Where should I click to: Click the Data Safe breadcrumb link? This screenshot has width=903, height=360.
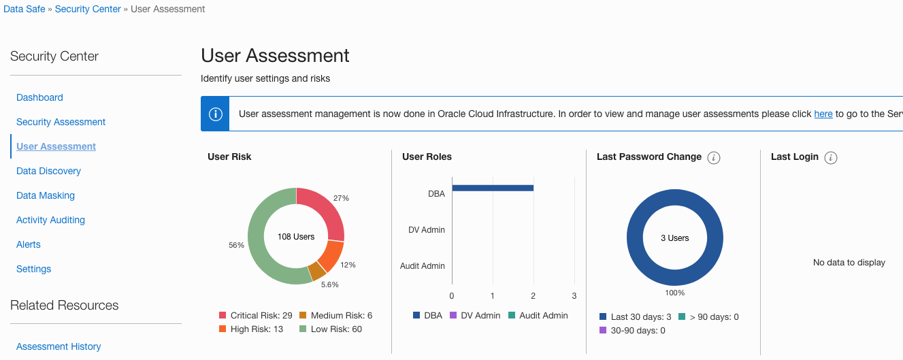click(24, 9)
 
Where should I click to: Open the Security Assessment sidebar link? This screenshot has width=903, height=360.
click(61, 122)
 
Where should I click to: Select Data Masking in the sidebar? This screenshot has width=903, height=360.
click(45, 195)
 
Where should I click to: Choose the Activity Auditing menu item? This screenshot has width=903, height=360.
click(50, 220)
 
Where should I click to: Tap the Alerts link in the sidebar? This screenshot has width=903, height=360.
click(28, 244)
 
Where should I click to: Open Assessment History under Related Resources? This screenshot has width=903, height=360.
click(58, 346)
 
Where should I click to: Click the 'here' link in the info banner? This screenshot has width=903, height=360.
click(823, 114)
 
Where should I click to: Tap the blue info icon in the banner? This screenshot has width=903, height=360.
click(215, 114)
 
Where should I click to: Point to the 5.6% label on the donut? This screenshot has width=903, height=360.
click(329, 284)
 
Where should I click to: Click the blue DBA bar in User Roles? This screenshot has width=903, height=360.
click(492, 188)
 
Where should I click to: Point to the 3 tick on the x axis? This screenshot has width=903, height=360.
click(574, 295)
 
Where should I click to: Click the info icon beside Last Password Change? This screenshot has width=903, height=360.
click(713, 158)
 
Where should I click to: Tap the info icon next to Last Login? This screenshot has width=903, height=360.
click(830, 158)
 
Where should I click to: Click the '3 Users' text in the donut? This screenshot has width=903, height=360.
click(674, 238)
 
